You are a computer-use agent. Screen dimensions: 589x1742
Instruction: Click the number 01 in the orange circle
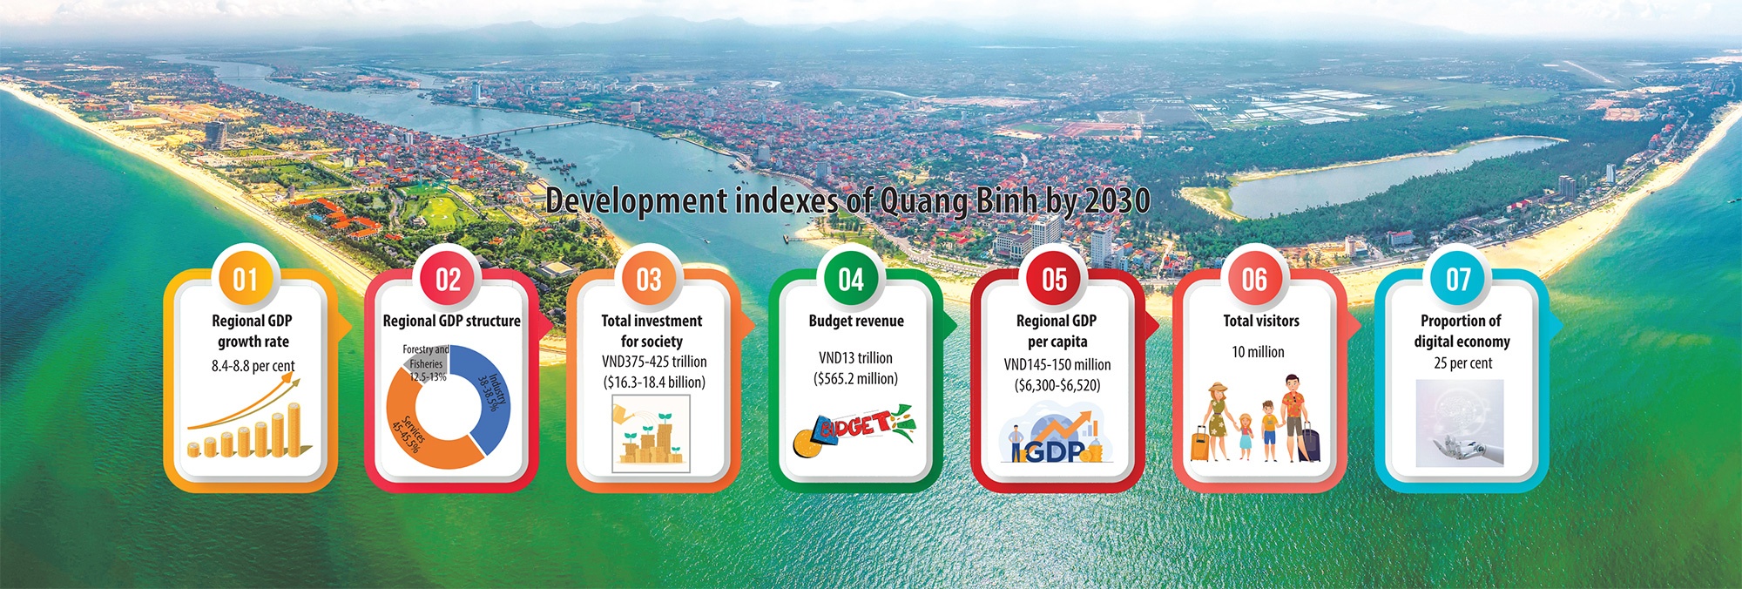246,280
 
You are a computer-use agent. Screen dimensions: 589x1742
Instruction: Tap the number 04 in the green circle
851,280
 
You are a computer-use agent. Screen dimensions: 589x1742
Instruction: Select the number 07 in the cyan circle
1458,280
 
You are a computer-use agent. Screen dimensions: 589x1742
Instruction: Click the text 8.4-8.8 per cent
253,366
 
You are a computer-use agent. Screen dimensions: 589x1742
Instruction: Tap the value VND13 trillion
855,358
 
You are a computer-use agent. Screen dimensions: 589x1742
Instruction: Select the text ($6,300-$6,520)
1057,385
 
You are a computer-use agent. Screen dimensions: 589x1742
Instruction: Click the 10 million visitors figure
1258,352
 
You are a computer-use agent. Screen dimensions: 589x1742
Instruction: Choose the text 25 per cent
1462,363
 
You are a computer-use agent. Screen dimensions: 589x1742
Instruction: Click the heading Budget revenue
855,321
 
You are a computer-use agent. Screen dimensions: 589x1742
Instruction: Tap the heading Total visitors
1260,321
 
